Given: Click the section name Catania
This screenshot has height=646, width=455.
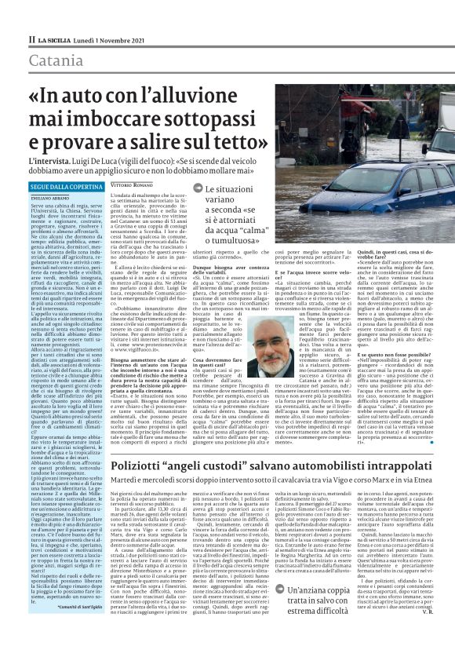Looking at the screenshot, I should tap(55, 60).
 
